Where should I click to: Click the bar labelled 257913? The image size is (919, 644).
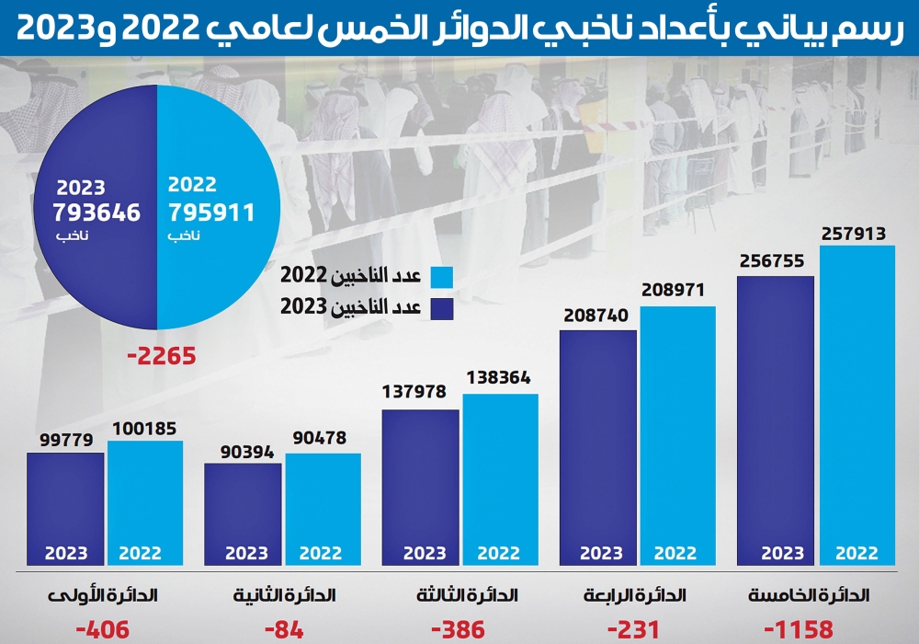[857, 405]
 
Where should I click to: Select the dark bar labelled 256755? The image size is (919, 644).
[776, 420]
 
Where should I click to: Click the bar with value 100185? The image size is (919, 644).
[144, 502]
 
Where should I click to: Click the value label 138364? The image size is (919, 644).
[499, 377]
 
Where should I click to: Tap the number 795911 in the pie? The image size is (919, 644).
[210, 213]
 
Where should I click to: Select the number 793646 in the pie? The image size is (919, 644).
[96, 213]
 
